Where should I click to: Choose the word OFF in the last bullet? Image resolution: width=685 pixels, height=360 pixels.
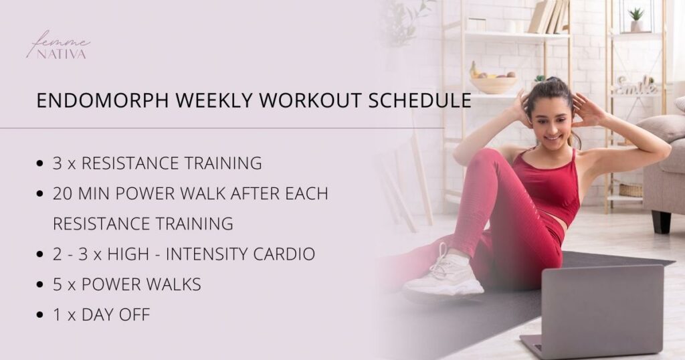click(x=136, y=314)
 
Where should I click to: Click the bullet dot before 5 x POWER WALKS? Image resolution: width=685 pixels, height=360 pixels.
click(x=41, y=285)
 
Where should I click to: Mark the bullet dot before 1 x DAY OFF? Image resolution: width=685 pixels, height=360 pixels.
click(x=41, y=315)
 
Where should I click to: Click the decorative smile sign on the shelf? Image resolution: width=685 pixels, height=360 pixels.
click(x=635, y=86)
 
